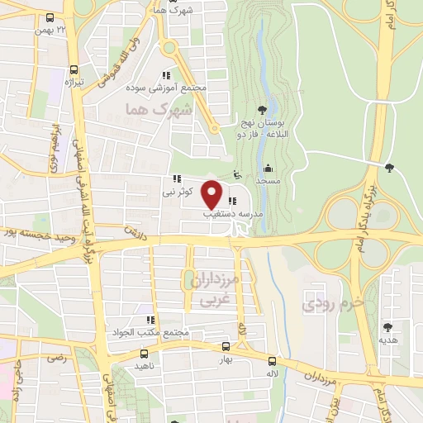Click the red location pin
[x=212, y=194]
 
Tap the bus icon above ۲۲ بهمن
[x=50, y=17]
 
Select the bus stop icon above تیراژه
[x=75, y=70]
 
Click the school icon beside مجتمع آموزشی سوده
[x=169, y=74]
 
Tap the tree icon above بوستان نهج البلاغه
[x=262, y=109]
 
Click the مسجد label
[x=269, y=180]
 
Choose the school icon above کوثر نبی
[x=177, y=178]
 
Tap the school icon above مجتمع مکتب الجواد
[x=150, y=320]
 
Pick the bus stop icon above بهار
[x=227, y=348]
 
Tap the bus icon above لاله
[x=272, y=360]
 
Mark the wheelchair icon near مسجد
[x=239, y=174]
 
